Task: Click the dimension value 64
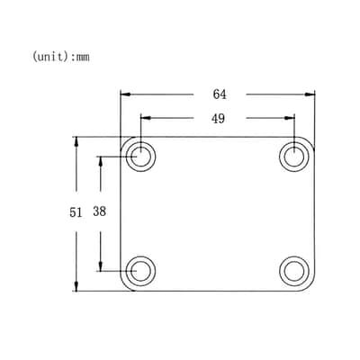tap(220, 94)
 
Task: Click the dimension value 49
tap(218, 119)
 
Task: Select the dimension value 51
tap(76, 212)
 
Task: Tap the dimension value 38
tap(99, 211)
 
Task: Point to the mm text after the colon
tap(83, 57)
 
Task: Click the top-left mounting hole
tap(140, 157)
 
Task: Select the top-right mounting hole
tap(294, 157)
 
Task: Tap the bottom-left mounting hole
tap(140, 271)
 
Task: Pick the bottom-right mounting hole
tap(294, 271)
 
